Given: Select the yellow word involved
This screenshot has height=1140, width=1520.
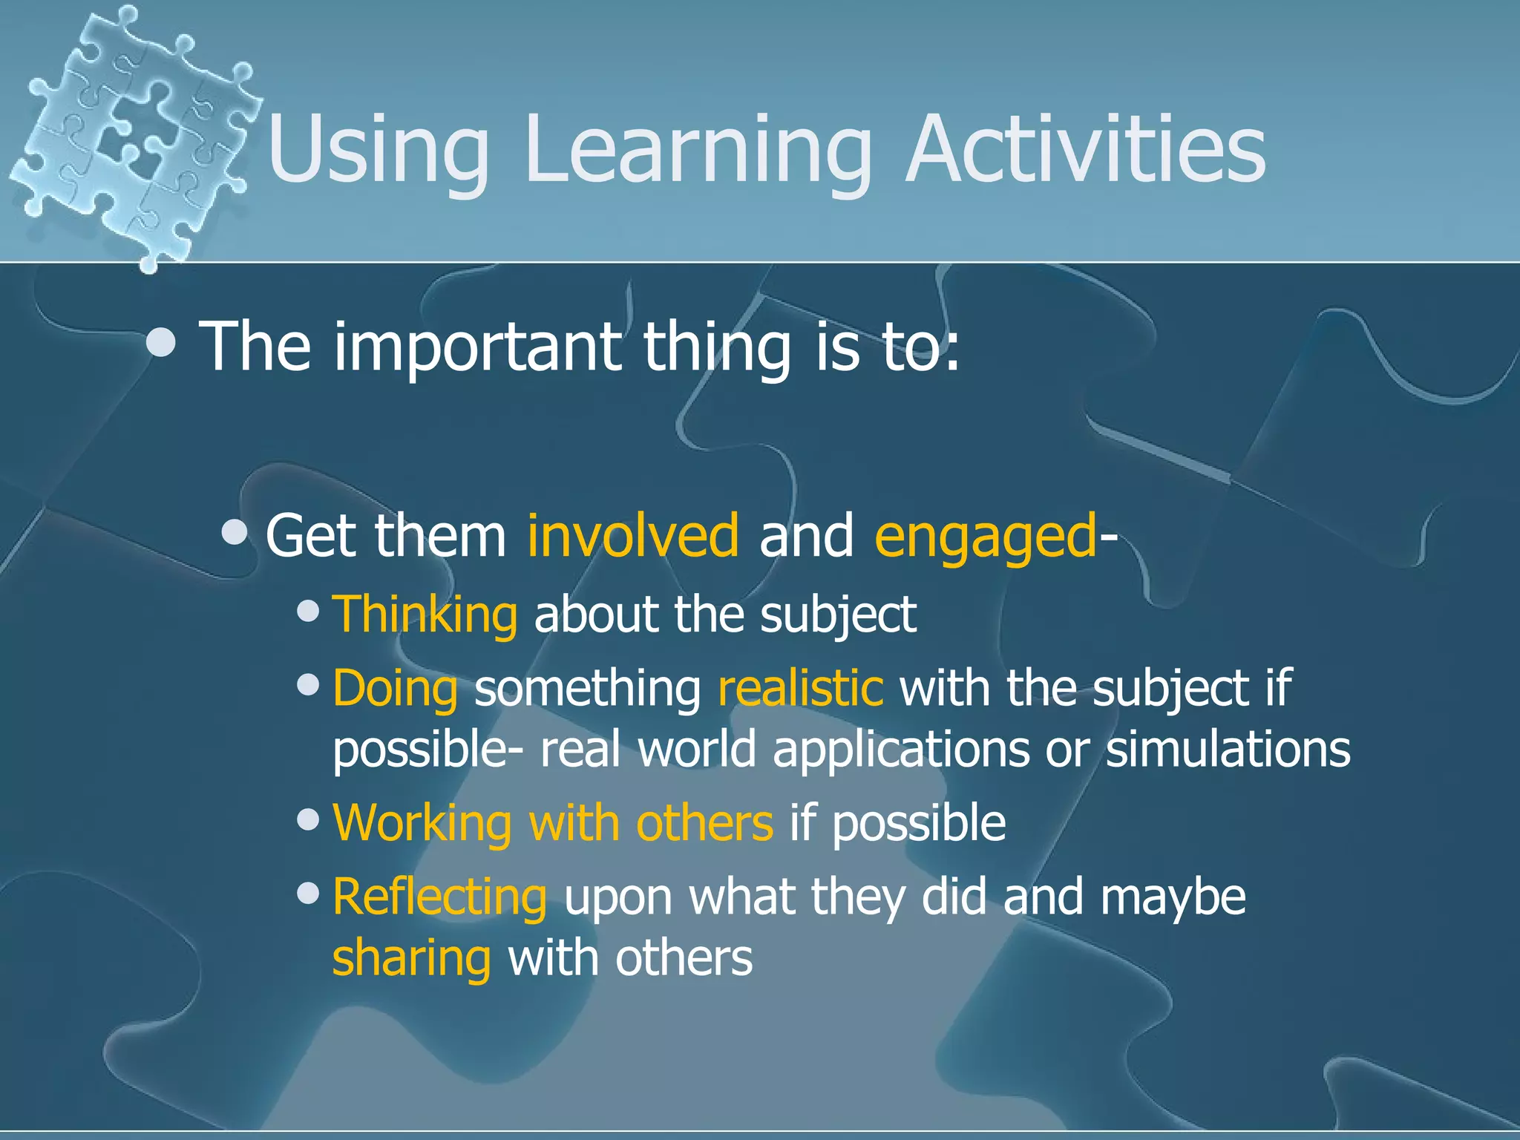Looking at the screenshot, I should [x=632, y=535].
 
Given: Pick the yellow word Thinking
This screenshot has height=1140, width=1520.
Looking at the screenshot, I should [x=425, y=615].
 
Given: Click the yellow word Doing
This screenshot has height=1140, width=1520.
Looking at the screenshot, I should [x=395, y=689].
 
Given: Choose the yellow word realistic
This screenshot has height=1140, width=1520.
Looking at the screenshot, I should [x=800, y=688].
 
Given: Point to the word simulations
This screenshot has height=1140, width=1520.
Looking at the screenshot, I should [x=1228, y=749].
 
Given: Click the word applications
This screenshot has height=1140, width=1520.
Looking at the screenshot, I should [x=900, y=750].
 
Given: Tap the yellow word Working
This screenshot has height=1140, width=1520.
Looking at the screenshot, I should [x=422, y=823].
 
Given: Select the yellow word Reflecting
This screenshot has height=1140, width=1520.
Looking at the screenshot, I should [x=439, y=897].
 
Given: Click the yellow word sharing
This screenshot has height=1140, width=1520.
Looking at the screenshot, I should [x=411, y=958].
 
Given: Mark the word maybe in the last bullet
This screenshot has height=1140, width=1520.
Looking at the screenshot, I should [x=1173, y=897].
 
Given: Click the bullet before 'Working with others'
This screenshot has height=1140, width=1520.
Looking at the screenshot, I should [x=307, y=820].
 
